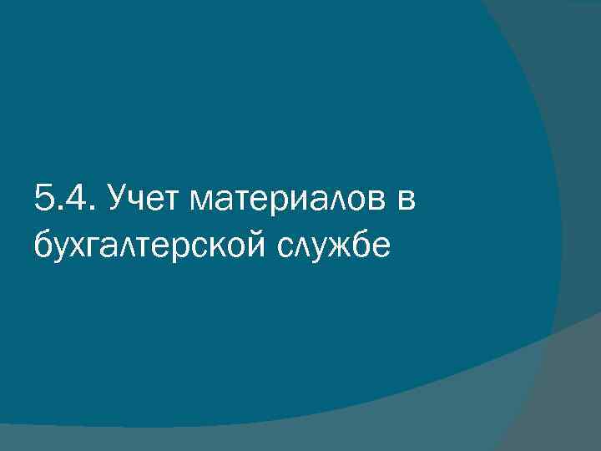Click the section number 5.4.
point(63,200)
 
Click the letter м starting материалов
point(203,203)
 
